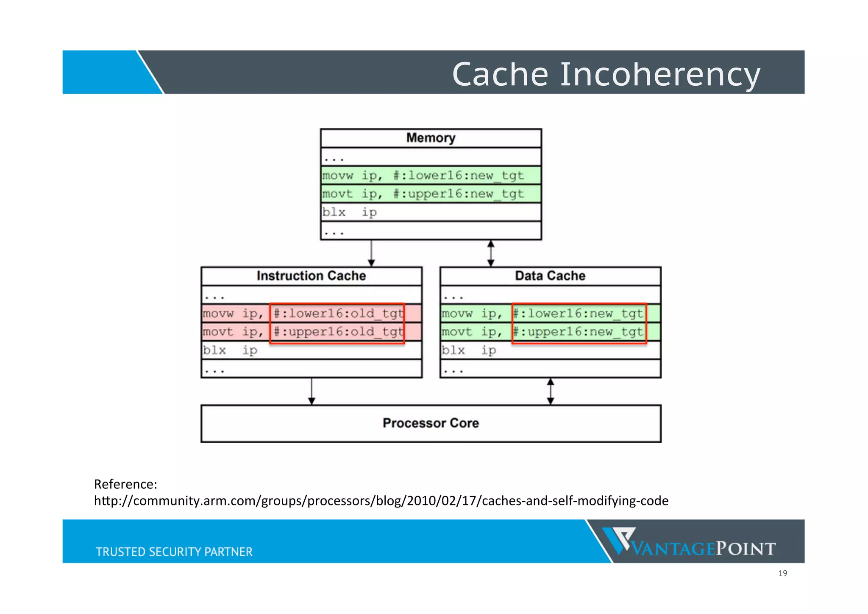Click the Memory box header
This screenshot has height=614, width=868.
[x=431, y=138]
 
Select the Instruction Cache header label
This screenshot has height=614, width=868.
[x=311, y=276]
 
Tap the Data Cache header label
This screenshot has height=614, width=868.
[x=550, y=276]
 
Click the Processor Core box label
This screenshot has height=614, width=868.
[x=431, y=423]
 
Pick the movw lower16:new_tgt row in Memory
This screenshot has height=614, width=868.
[x=431, y=175]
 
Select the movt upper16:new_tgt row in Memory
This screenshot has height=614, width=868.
[x=431, y=194]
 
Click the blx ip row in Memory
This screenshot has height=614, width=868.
[x=431, y=212]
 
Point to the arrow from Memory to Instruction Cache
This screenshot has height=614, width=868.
[x=371, y=253]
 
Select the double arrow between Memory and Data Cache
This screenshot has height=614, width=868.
[x=491, y=253]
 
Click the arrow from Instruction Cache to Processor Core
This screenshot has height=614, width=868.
[x=312, y=391]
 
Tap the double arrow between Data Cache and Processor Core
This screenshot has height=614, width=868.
[x=550, y=391]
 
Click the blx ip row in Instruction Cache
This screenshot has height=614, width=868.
[x=311, y=350]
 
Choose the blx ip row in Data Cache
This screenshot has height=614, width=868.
[x=550, y=350]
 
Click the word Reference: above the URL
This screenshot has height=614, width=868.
[x=125, y=484]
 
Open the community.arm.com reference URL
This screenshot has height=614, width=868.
[x=381, y=501]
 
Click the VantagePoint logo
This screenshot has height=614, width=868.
[x=689, y=542]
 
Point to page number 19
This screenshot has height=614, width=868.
[x=782, y=574]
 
